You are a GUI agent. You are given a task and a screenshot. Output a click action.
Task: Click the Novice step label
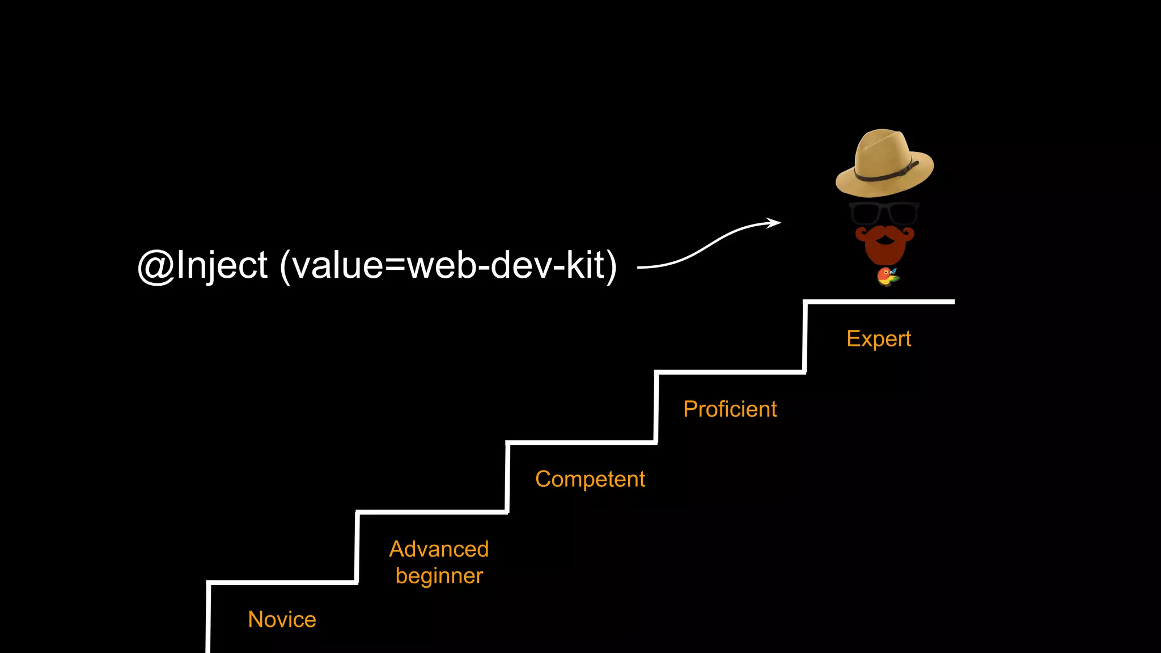pos(282,619)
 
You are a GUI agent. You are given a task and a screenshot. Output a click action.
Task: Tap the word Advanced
pos(439,549)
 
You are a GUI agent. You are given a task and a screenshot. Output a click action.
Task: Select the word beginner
pos(439,576)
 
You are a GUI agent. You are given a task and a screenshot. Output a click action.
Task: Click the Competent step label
pos(590,479)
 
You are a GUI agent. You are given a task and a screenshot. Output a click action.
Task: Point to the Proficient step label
pos(730,409)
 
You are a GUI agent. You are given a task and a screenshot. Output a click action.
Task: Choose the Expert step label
pos(878,338)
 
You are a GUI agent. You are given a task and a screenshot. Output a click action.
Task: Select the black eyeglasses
pos(884,213)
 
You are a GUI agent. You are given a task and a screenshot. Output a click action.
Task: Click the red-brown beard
pos(884,249)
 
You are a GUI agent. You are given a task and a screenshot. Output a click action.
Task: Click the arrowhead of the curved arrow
pos(775,223)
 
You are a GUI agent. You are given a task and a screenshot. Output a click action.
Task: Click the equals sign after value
pos(395,265)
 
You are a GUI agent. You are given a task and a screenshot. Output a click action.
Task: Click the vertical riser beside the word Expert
pos(805,337)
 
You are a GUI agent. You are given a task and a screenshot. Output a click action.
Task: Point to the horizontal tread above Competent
pos(581,442)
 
